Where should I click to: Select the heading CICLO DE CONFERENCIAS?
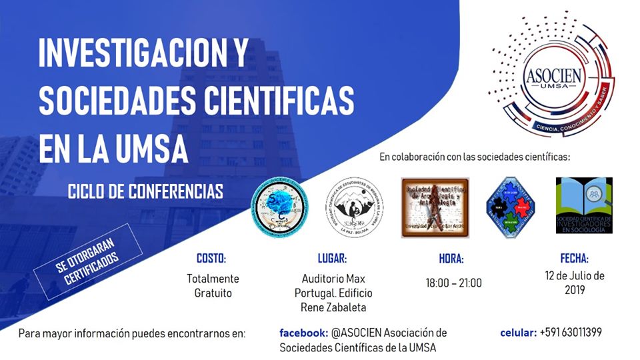click(145, 192)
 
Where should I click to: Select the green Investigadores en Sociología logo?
click(584, 205)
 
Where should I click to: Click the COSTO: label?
click(211, 259)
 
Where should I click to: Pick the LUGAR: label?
click(333, 259)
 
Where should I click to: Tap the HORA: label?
click(451, 259)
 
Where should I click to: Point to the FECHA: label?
click(574, 259)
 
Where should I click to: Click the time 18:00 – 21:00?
click(453, 283)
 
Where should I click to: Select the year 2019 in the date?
click(574, 290)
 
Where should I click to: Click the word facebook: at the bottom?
click(303, 332)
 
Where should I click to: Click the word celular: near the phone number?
click(518, 332)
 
